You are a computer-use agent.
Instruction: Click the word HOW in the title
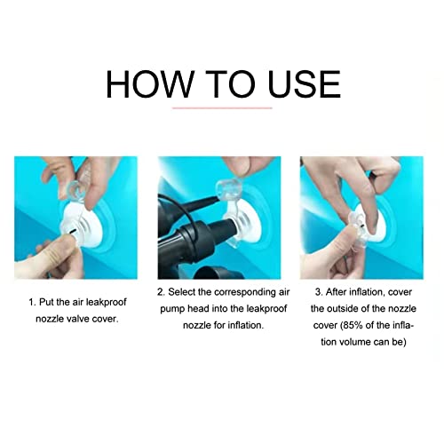[150, 84]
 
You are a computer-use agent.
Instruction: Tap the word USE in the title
[304, 84]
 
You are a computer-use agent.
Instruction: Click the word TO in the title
[230, 84]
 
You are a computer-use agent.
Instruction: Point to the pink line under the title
[222, 108]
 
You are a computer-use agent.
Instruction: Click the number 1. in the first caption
[32, 302]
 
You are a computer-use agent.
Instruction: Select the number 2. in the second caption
[161, 292]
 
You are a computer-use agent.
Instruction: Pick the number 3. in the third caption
[319, 292]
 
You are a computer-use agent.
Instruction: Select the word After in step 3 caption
[337, 292]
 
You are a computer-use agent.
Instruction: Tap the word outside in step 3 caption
[343, 309]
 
